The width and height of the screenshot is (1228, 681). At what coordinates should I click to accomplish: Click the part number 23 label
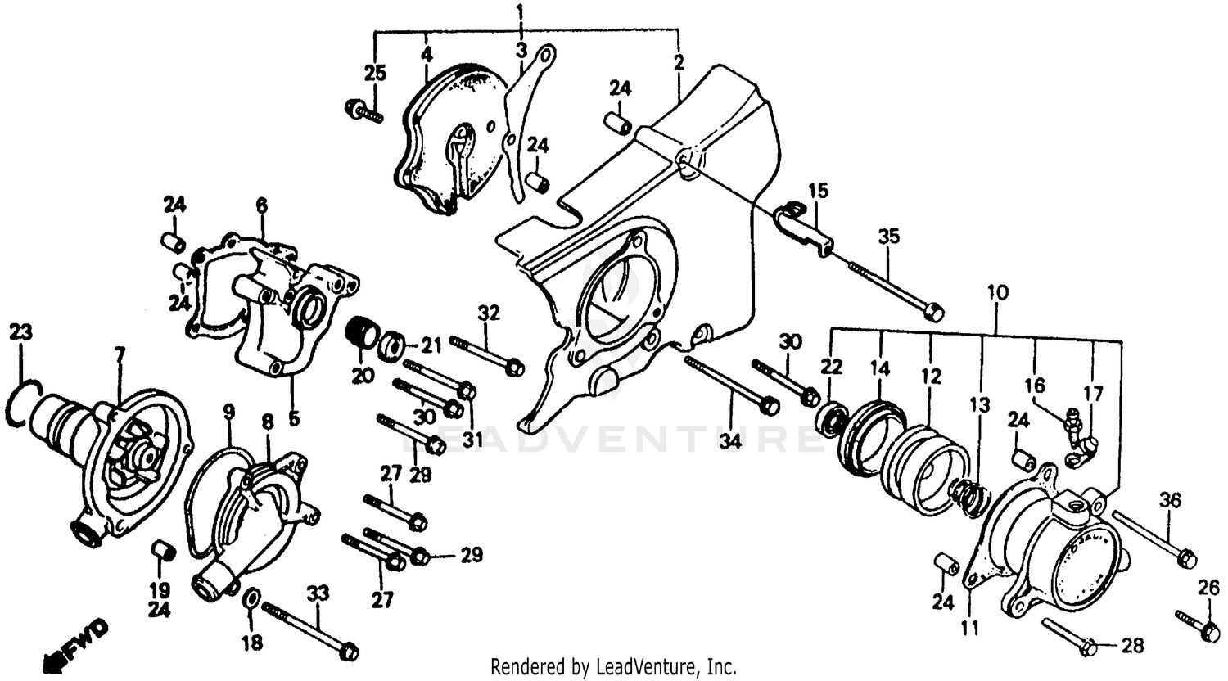click(21, 332)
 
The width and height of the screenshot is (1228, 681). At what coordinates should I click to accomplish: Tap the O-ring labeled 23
click(22, 404)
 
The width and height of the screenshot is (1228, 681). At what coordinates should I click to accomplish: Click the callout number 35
click(889, 237)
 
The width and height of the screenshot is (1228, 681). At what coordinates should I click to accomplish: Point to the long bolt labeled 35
click(892, 287)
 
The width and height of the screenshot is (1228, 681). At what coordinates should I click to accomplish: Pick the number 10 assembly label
click(997, 292)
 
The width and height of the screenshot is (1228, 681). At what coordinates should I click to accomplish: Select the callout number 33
click(318, 592)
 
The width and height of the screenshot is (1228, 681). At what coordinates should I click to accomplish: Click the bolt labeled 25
click(364, 110)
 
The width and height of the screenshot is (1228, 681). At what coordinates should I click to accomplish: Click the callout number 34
click(730, 442)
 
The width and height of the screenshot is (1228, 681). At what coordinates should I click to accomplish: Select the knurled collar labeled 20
click(361, 333)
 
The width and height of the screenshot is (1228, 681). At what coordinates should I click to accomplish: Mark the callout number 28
click(1131, 647)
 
